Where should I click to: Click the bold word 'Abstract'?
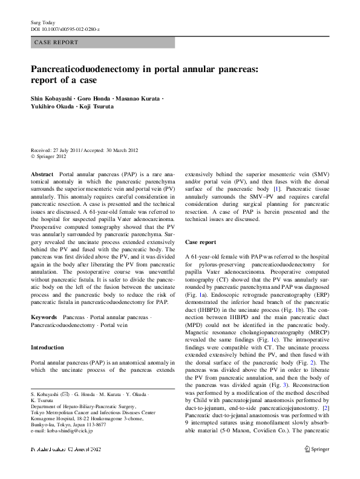42,173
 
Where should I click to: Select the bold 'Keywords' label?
44,317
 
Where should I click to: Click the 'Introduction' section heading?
47,348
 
